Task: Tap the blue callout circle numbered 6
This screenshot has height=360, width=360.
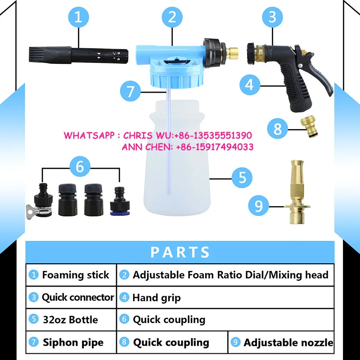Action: click(80, 166)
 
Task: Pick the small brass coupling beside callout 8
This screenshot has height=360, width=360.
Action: click(309, 128)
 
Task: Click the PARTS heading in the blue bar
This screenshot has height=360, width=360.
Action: click(180, 252)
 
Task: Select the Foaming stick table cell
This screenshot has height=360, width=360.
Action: click(71, 274)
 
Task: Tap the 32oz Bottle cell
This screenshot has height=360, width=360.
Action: click(71, 319)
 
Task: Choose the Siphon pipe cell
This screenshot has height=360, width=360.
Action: click(71, 342)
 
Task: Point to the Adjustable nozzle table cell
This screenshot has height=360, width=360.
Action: click(283, 342)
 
